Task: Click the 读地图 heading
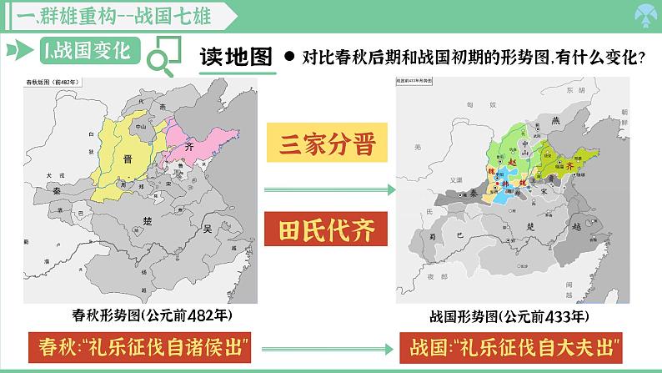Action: [x=236, y=57]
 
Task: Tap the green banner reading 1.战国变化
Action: [x=86, y=52]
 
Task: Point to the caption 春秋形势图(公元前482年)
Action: [x=152, y=315]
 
